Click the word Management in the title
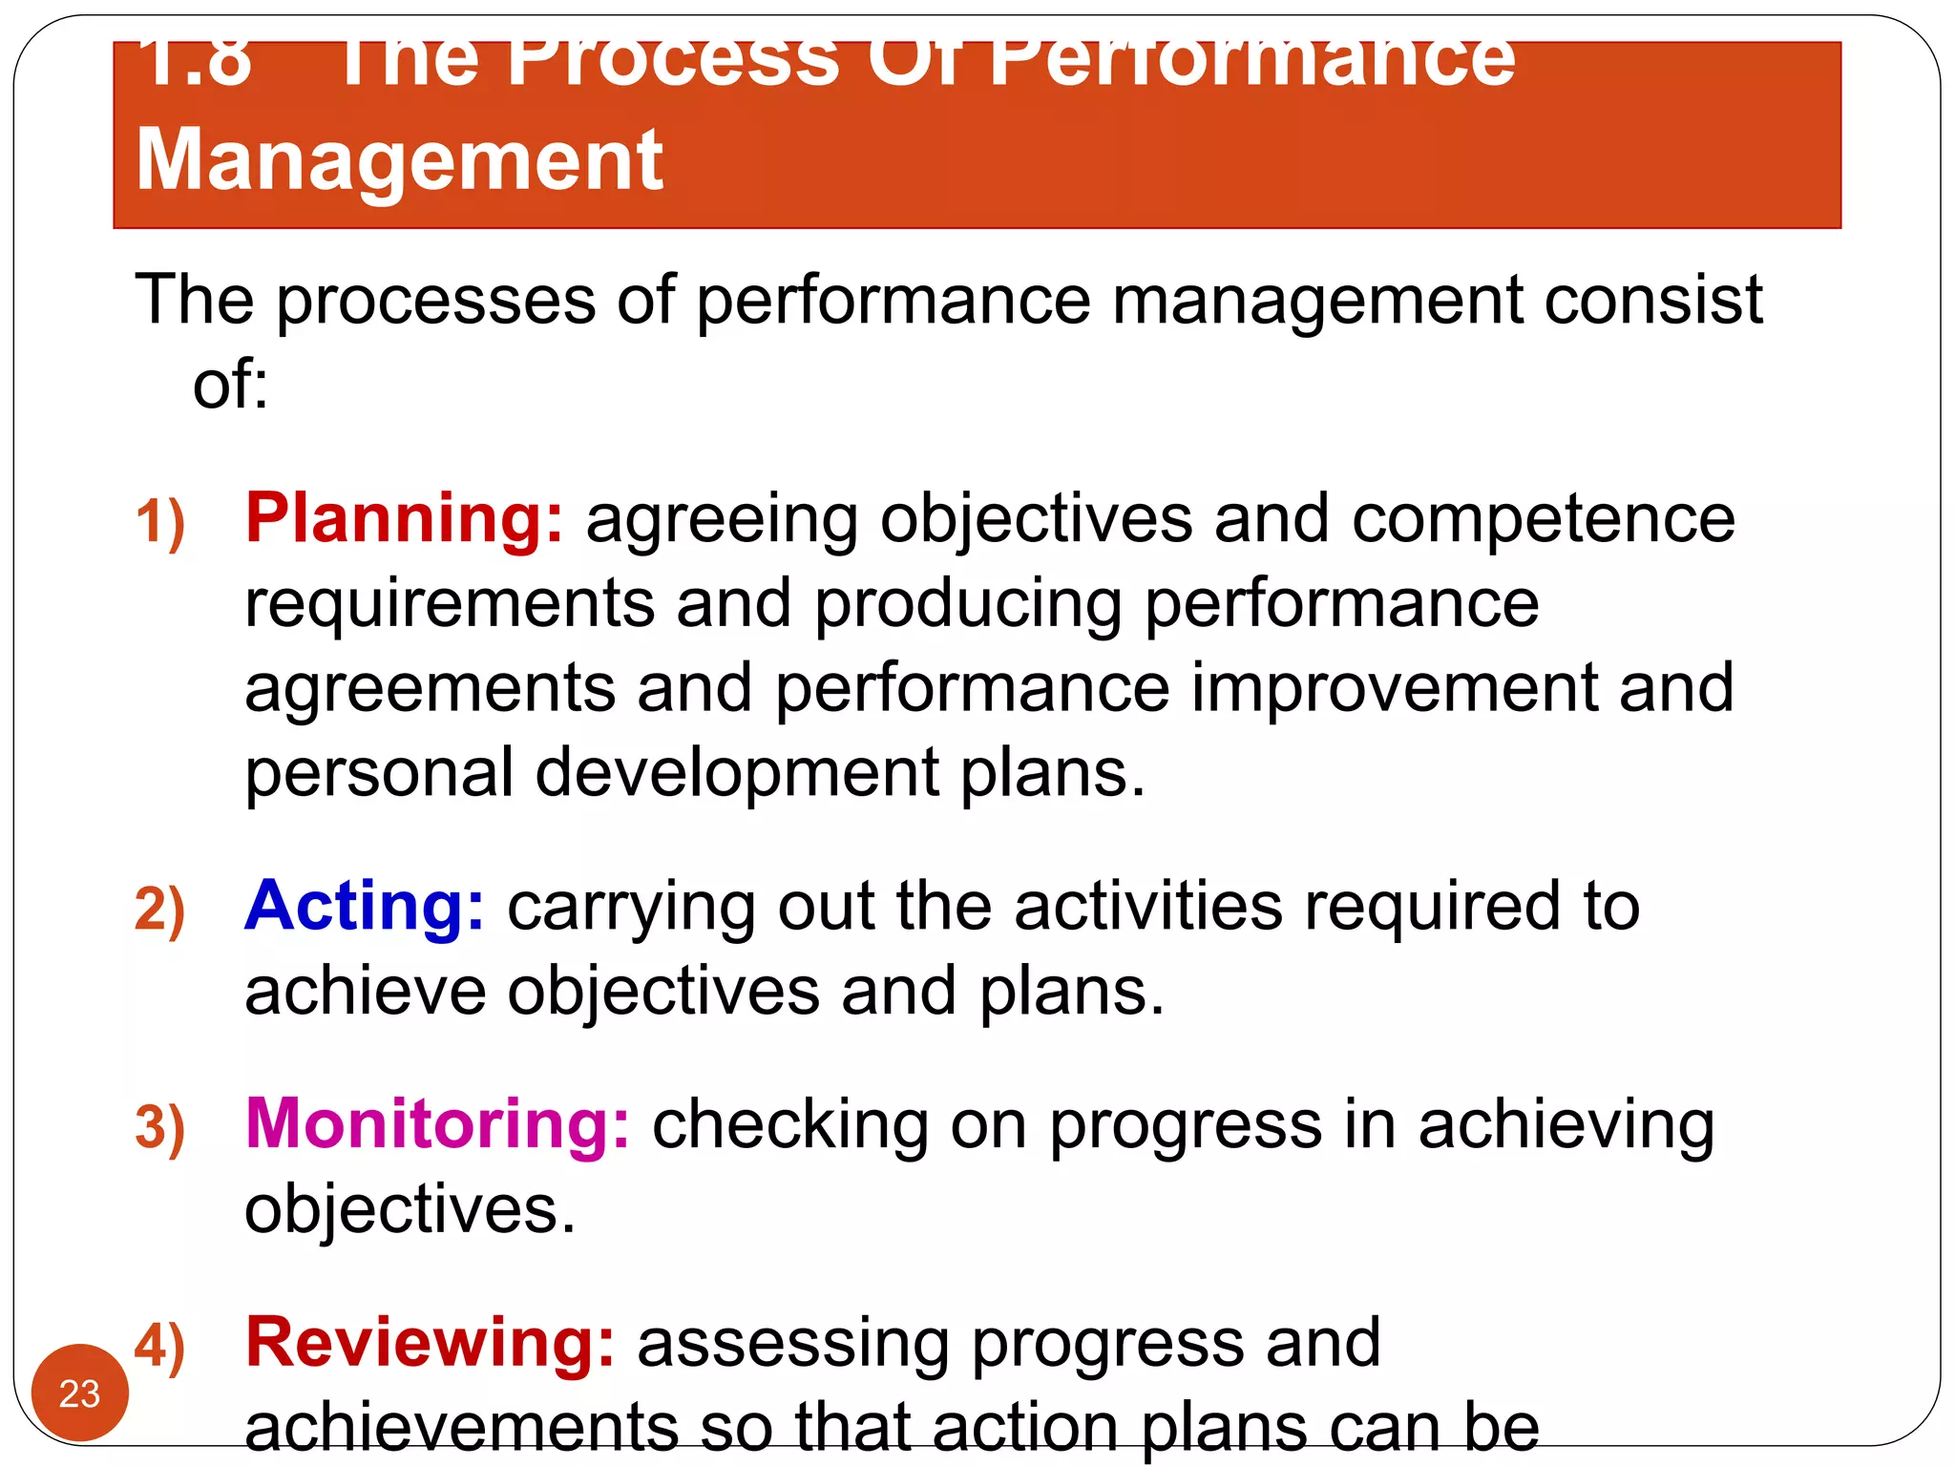(399, 160)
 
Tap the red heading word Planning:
(404, 518)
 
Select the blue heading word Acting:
(364, 906)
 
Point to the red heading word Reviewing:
(430, 1342)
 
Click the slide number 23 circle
(79, 1393)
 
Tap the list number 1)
(159, 523)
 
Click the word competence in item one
(1543, 520)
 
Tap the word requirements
(450, 605)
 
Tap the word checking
(789, 1125)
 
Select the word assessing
(792, 1344)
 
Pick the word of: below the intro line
(230, 385)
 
